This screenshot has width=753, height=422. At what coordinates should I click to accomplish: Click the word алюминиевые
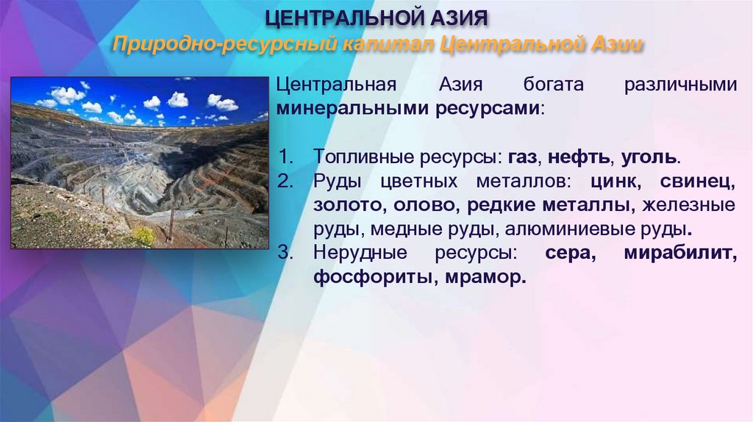click(x=568, y=229)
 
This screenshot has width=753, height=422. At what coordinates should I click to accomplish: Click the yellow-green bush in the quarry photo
click(x=143, y=236)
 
